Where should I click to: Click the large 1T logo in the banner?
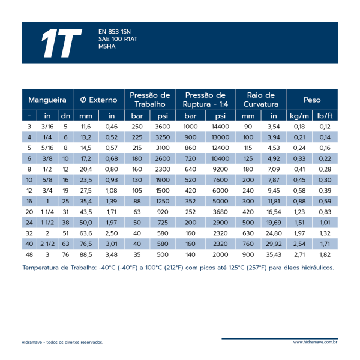point(62,43)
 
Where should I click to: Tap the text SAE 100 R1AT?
point(118,39)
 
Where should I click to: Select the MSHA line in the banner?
point(107,46)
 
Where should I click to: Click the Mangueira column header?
point(47,100)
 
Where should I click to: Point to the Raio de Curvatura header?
point(261,100)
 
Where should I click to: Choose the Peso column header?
point(312,100)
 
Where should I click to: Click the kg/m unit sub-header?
point(299,116)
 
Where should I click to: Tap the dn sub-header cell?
point(65,116)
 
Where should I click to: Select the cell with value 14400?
point(220,127)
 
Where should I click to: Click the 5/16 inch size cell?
point(47,148)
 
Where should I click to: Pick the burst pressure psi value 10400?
point(220,158)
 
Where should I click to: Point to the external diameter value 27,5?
point(86,191)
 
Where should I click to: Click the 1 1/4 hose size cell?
point(47,212)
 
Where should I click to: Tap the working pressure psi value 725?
point(163,223)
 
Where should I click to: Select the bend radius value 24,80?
point(274,233)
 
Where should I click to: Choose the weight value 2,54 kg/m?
point(299,244)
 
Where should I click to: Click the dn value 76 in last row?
point(65,254)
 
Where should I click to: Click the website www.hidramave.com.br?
point(315,342)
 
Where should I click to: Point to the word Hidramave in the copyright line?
point(32,343)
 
